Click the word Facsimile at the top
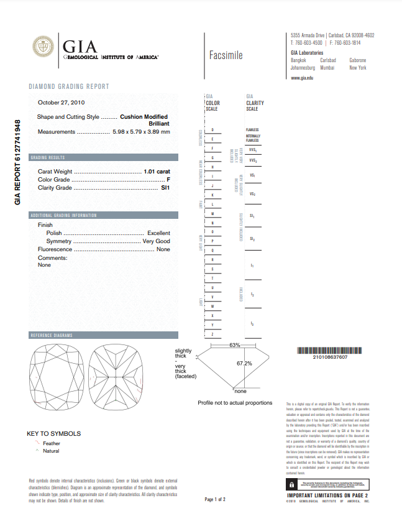pyautogui.click(x=226, y=55)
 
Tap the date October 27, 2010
pyautogui.click(x=62, y=103)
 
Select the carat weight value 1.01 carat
pyautogui.click(x=157, y=171)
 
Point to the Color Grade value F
pyautogui.click(x=168, y=179)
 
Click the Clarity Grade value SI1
pyautogui.click(x=165, y=187)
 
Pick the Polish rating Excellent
pyautogui.click(x=158, y=233)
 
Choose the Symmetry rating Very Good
pyautogui.click(x=156, y=241)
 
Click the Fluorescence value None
pyautogui.click(x=163, y=249)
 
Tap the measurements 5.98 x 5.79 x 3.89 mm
pyautogui.click(x=141, y=132)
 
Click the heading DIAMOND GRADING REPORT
pyautogui.click(x=69, y=86)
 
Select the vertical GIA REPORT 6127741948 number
pyautogui.click(x=18, y=162)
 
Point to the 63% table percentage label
pyautogui.click(x=234, y=344)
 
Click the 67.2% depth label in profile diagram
pyautogui.click(x=244, y=363)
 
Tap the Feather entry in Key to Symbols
pyautogui.click(x=52, y=443)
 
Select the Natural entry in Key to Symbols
pyautogui.click(x=51, y=451)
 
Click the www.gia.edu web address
pyautogui.click(x=302, y=77)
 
